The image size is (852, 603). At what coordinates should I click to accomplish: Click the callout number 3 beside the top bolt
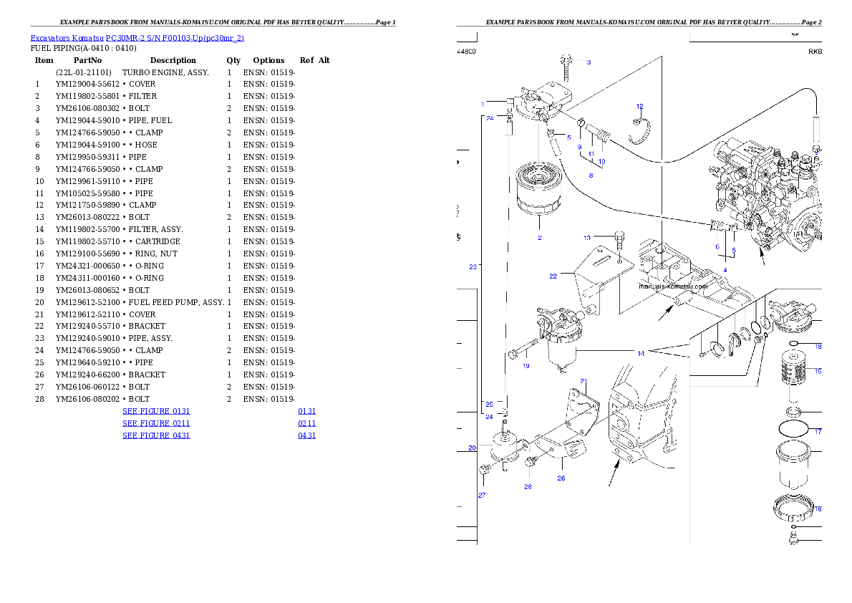[x=589, y=62]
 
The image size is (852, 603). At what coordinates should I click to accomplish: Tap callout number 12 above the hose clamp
[x=639, y=107]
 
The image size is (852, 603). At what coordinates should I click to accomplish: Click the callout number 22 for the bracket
[x=553, y=276]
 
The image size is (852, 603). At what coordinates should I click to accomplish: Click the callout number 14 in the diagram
[x=642, y=353]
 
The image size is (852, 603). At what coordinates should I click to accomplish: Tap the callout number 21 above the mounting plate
[x=584, y=381]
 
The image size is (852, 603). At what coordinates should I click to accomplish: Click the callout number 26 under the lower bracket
[x=561, y=478]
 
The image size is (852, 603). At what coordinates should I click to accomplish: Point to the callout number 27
[x=481, y=495]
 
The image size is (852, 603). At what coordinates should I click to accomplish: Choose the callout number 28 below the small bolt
[x=528, y=487]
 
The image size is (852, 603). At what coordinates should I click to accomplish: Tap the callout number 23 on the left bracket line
[x=473, y=267]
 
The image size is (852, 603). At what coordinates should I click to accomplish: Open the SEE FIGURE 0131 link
[x=156, y=412]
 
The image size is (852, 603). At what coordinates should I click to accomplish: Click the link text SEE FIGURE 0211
[x=156, y=423]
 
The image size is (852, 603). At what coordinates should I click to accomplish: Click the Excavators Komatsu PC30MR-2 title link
[x=137, y=38]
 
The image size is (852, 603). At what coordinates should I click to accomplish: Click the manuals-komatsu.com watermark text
[x=672, y=286]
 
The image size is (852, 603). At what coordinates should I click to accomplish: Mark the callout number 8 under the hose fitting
[x=591, y=175]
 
